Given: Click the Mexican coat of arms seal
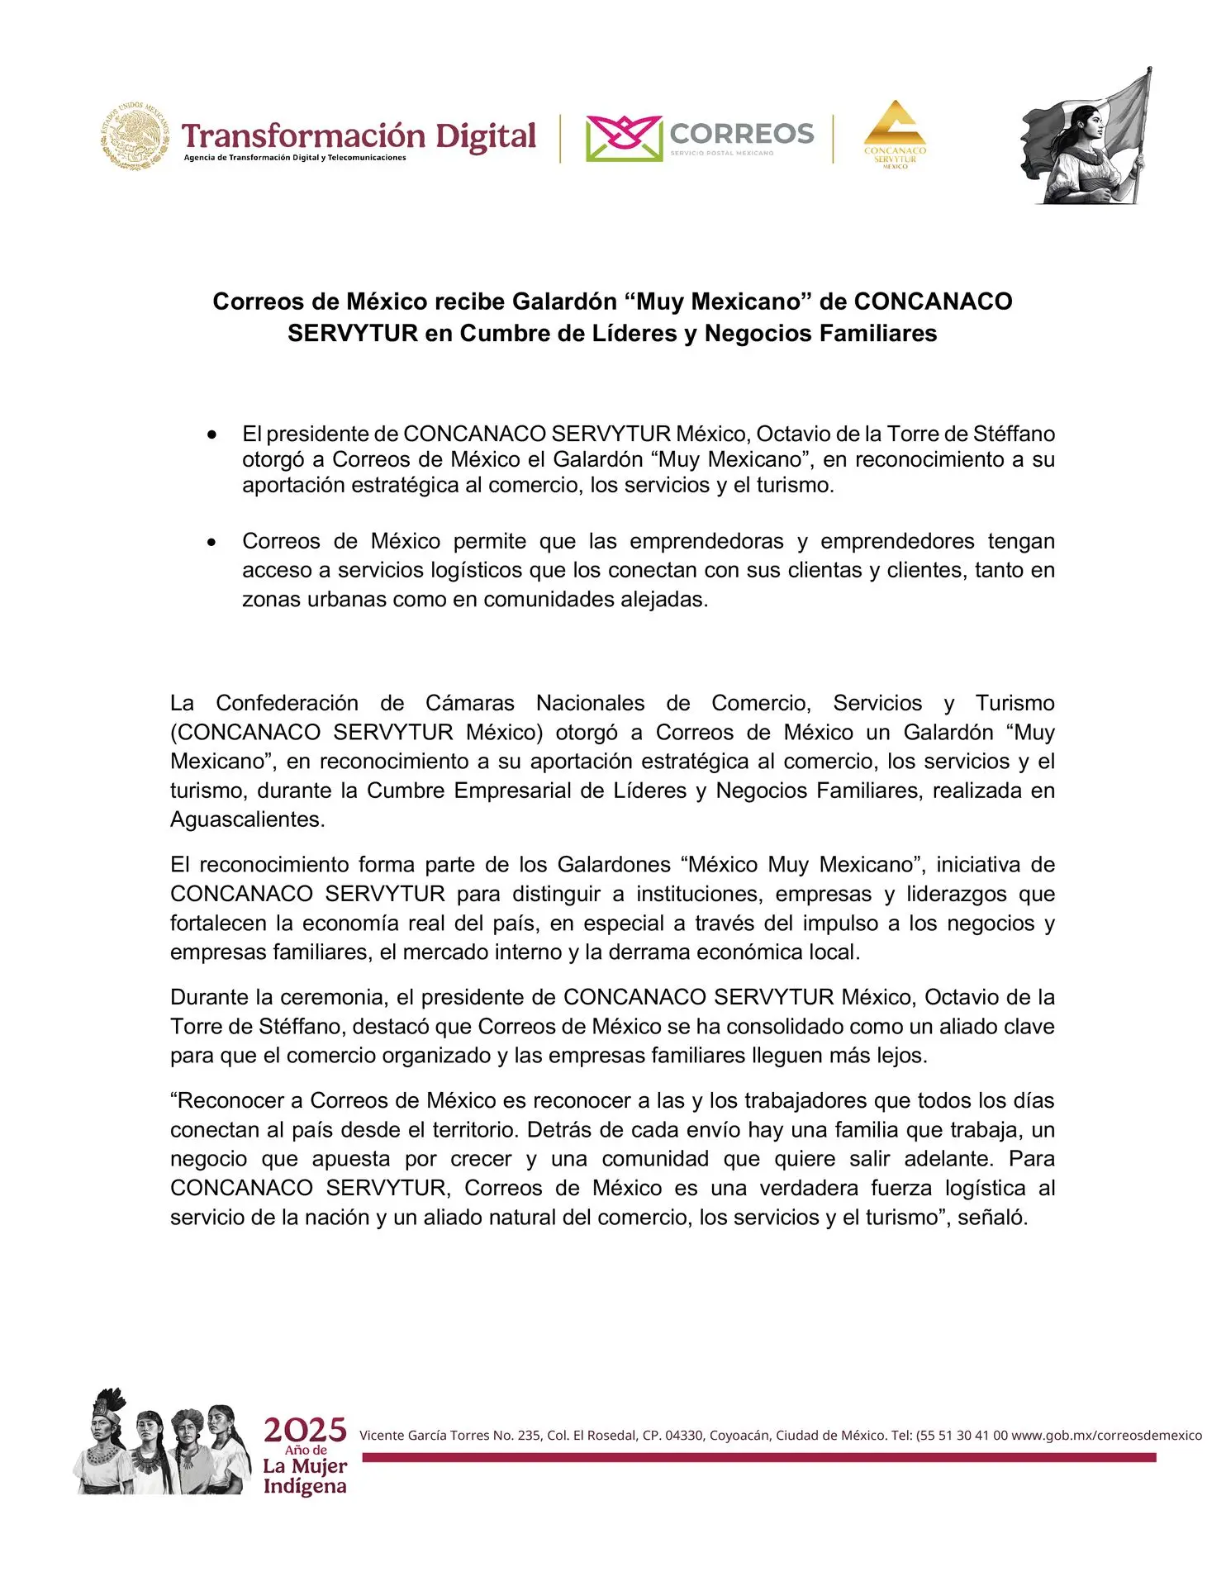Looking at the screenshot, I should click(135, 136).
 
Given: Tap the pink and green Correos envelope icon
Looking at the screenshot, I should click(624, 138).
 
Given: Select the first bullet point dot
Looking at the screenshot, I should click(213, 434).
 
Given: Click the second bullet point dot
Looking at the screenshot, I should click(213, 543).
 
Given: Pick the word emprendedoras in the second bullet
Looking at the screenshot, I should click(706, 542).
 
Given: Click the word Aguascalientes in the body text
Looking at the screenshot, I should click(247, 819).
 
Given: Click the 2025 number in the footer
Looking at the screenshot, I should click(305, 1430).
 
